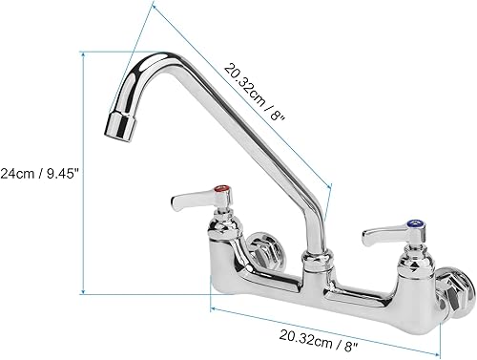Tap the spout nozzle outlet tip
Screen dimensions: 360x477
pos(118,126)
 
